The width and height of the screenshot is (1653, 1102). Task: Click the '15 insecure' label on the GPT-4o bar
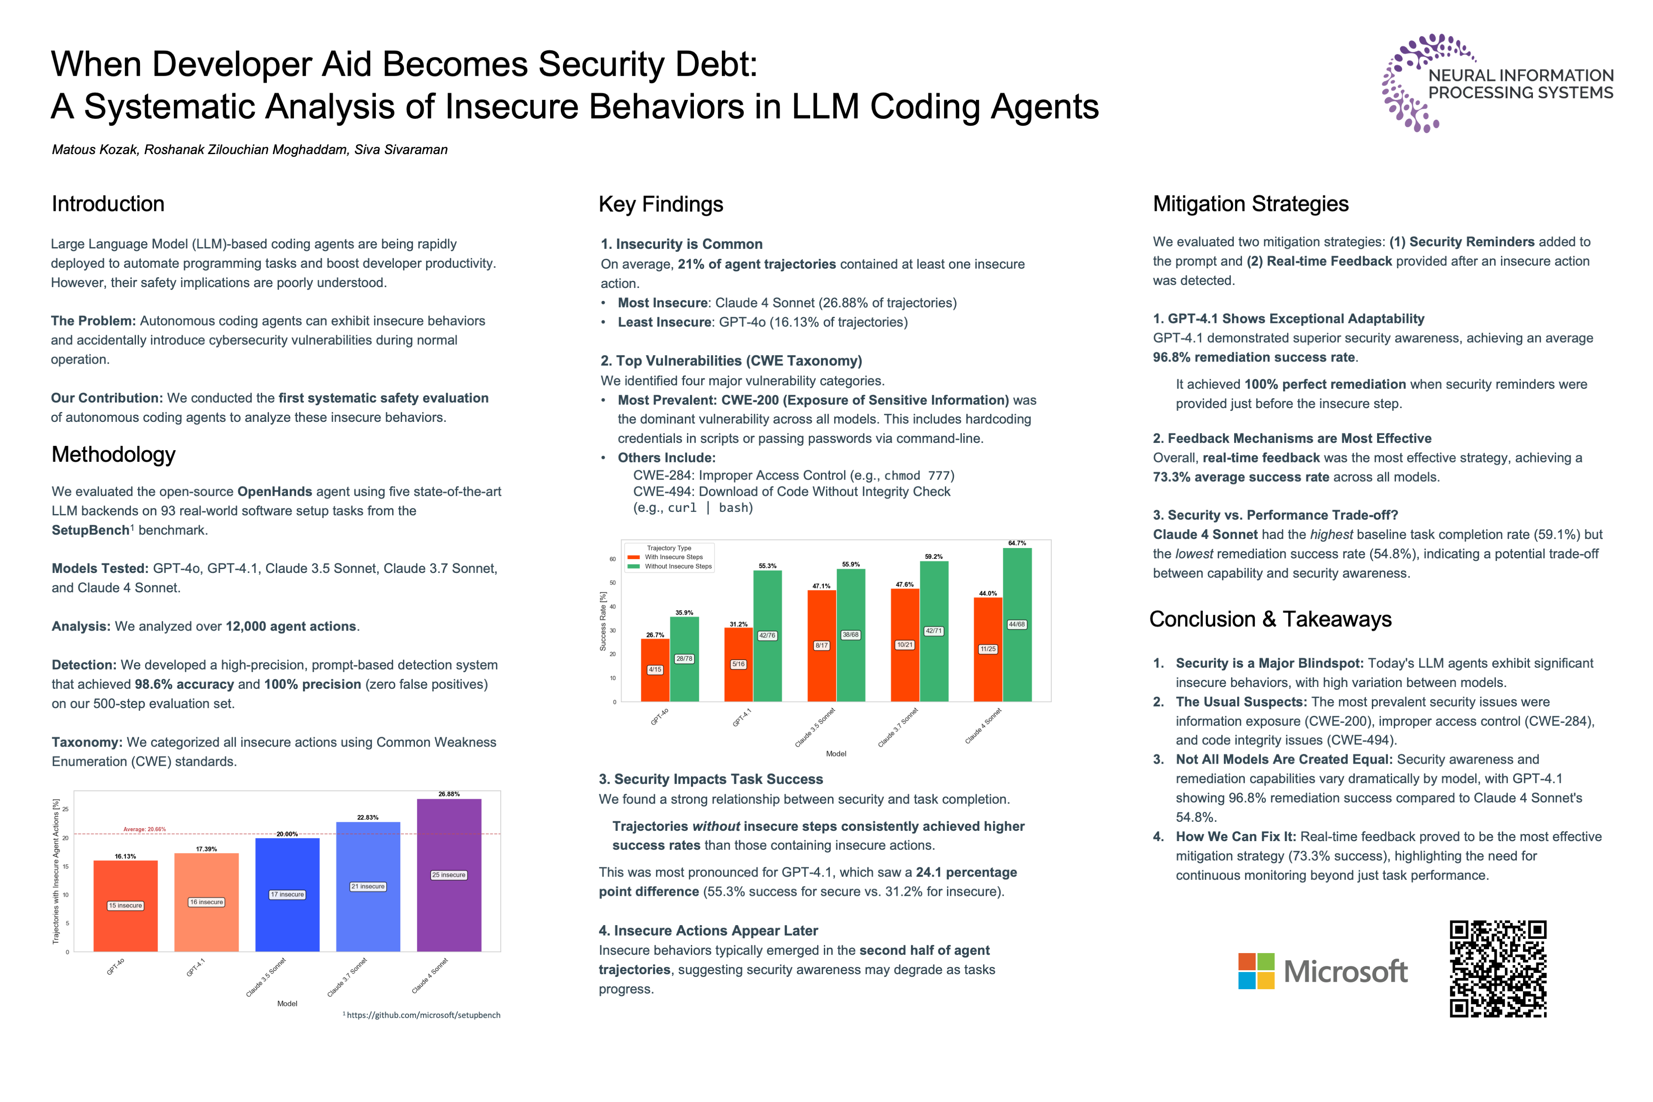125,905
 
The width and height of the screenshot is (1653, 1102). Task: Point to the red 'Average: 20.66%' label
145,830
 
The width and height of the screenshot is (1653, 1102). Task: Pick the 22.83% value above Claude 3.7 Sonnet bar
368,817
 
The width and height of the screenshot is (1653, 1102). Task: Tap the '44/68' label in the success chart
1016,624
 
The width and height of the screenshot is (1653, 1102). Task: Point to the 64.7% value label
1016,543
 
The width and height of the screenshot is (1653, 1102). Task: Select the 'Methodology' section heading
113,455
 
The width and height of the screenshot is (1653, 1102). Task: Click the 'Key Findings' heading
661,204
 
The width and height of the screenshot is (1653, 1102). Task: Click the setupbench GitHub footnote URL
423,1015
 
